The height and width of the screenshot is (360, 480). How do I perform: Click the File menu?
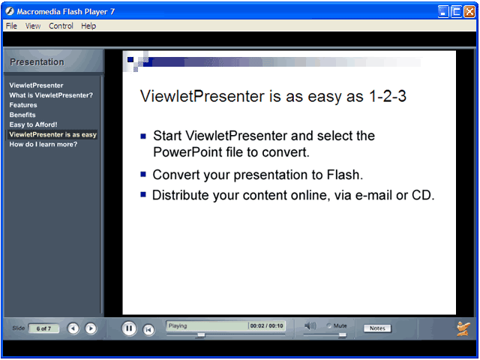click(x=11, y=26)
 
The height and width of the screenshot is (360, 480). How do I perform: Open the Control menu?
click(x=61, y=26)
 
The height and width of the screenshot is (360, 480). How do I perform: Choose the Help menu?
click(x=88, y=26)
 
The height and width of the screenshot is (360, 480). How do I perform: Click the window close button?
click(x=469, y=12)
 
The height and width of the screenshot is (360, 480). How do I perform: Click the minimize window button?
click(x=443, y=12)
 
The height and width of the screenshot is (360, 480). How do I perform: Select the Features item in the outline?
click(x=23, y=105)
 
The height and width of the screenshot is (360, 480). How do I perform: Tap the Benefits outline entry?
click(x=22, y=115)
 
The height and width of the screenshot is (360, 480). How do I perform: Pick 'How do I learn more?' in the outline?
click(x=43, y=144)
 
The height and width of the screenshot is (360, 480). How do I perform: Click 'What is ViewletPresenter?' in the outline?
click(x=51, y=95)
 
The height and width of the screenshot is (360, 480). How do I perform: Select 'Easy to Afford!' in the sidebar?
click(x=33, y=124)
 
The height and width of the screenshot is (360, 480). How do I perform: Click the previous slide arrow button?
click(x=73, y=328)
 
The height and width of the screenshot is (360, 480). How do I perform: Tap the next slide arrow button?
click(x=91, y=328)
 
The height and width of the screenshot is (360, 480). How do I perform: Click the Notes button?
click(x=377, y=328)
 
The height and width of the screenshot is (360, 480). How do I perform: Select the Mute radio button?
click(x=329, y=325)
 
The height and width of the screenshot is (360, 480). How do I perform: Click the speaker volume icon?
click(x=310, y=325)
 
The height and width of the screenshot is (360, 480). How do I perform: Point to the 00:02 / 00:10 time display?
click(x=267, y=325)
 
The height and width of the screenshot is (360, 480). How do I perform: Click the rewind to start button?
click(x=148, y=329)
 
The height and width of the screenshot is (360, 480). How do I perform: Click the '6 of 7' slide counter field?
click(x=43, y=328)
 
